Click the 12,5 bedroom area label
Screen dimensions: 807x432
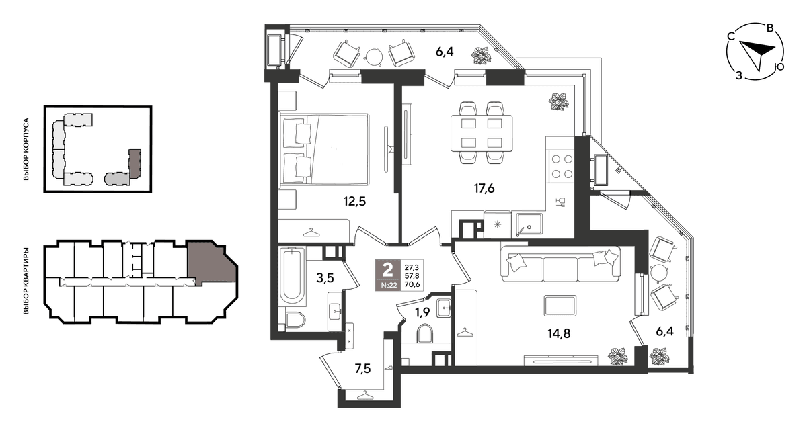[354, 202]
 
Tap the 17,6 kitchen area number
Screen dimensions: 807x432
[484, 188]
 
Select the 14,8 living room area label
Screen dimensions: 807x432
[559, 334]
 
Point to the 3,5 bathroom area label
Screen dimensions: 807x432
[325, 278]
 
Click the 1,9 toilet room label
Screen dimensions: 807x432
[422, 312]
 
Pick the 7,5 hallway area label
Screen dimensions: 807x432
[362, 369]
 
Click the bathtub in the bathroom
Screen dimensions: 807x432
[292, 277]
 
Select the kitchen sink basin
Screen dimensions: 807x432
[529, 224]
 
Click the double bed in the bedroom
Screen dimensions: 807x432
[324, 149]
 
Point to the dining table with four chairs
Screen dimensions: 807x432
[482, 133]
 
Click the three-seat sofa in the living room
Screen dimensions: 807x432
[560, 264]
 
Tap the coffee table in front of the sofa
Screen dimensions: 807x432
[560, 306]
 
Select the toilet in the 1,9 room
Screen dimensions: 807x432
[424, 333]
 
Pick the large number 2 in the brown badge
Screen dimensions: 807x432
[387, 269]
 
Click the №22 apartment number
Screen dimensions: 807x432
[389, 285]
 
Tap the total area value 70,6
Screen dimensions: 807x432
[412, 284]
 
